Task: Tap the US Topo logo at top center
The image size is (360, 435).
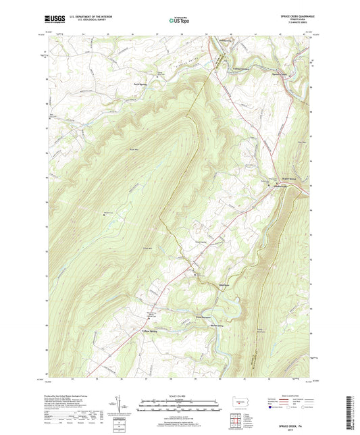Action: (178, 20)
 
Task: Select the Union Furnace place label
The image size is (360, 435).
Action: (241, 68)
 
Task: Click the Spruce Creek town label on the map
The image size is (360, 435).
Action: (279, 72)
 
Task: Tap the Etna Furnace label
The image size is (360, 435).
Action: (185, 316)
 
